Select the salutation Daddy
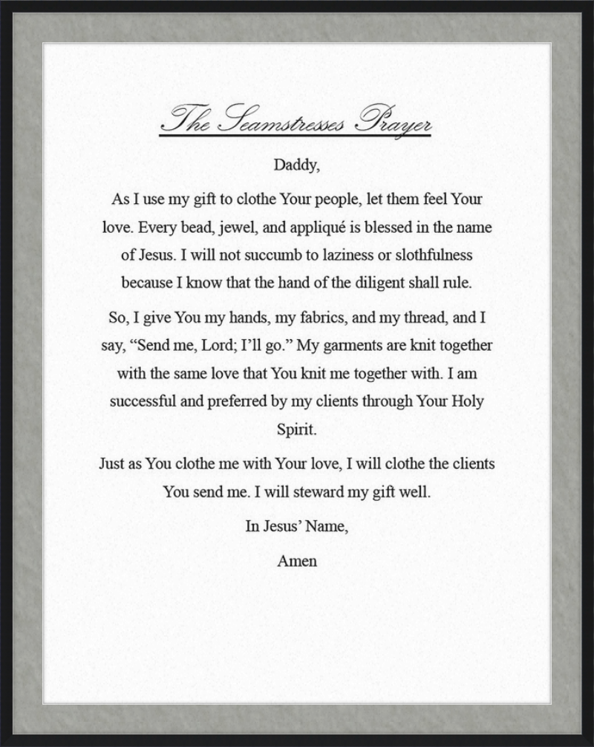[296, 165]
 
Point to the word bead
[197, 228]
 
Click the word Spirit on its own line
[296, 430]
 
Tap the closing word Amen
[297, 562]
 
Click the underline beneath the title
[296, 136]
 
